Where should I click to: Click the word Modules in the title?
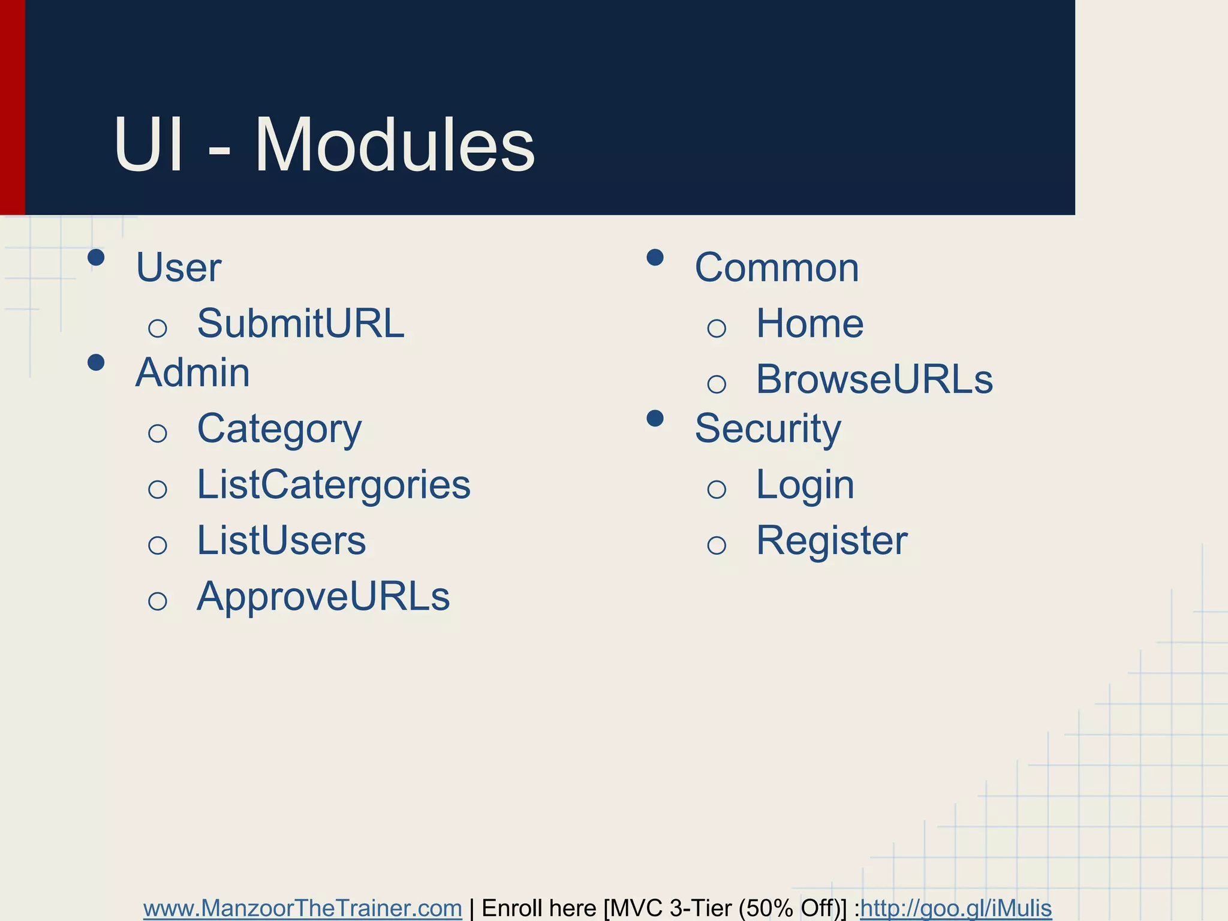(x=395, y=146)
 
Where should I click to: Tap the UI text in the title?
(x=148, y=146)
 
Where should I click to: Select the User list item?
(x=179, y=267)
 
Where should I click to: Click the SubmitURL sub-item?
(x=300, y=323)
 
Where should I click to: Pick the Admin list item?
(x=192, y=372)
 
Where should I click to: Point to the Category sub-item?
(x=279, y=429)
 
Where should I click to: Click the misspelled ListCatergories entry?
(x=333, y=484)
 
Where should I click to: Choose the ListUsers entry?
(x=281, y=540)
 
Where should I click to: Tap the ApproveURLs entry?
(x=323, y=597)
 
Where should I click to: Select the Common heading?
(x=776, y=267)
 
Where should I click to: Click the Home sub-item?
(x=809, y=323)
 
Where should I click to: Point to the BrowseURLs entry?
(x=874, y=379)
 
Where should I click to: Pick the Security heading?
(x=767, y=429)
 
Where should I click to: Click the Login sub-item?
(x=805, y=484)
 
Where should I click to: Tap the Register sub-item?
(x=832, y=540)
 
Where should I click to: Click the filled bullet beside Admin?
(x=96, y=363)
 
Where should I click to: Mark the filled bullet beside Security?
(x=655, y=419)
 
